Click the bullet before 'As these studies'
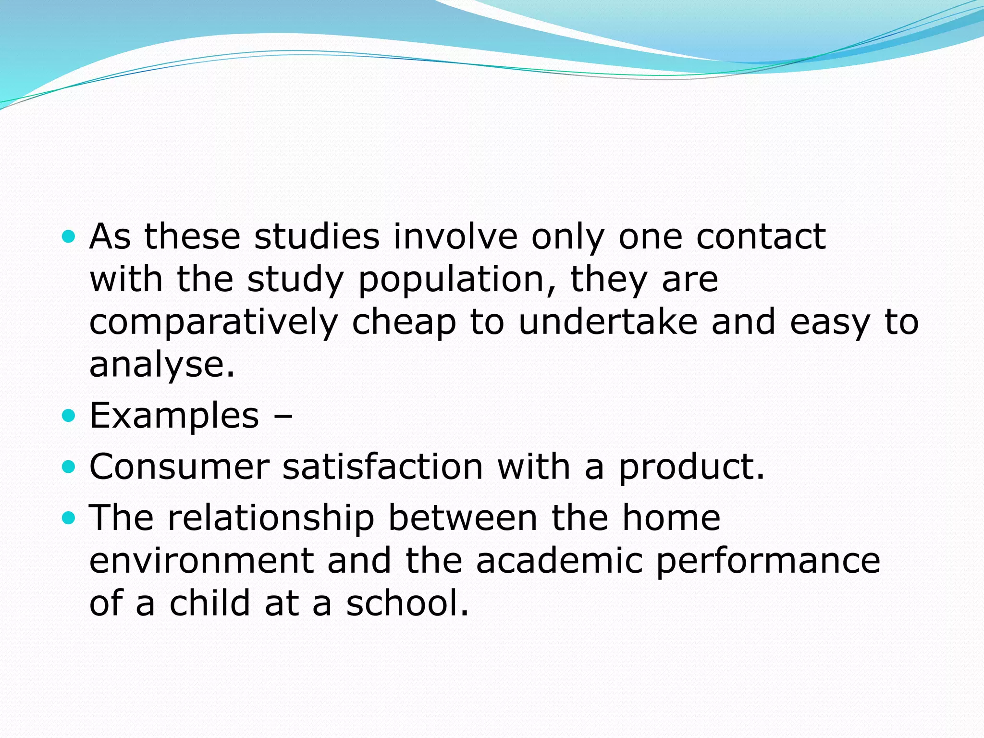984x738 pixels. [x=69, y=237]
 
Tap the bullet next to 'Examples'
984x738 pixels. [x=69, y=415]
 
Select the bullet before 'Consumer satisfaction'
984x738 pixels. [x=69, y=467]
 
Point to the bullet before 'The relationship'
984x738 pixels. [x=69, y=517]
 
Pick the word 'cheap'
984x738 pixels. [x=404, y=323]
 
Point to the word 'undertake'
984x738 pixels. [x=608, y=322]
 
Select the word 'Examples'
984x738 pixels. [x=174, y=415]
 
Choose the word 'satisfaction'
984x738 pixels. [x=382, y=467]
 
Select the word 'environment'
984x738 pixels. [x=202, y=560]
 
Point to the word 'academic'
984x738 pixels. [x=559, y=560]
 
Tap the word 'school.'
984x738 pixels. [x=407, y=603]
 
